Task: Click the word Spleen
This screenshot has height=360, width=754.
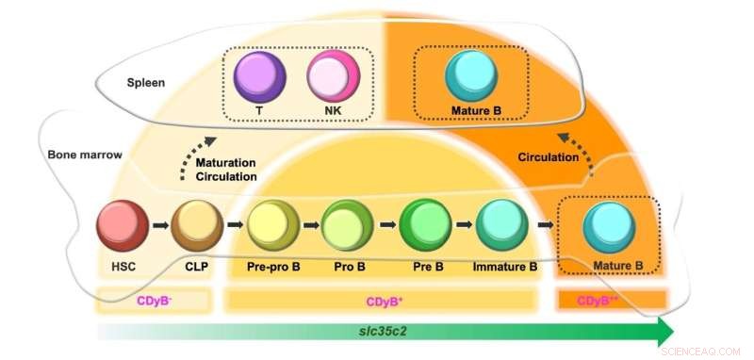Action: tap(147, 83)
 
